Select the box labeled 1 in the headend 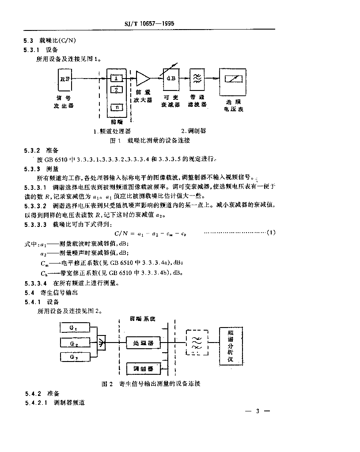(x=116, y=79)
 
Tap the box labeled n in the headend (x=116, y=107)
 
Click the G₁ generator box (x=73, y=328)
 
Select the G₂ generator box (x=73, y=343)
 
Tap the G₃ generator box (x=73, y=357)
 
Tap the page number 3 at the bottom (x=257, y=411)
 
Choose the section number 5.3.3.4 (x=35, y=283)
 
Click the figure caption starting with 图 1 (x=150, y=140)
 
